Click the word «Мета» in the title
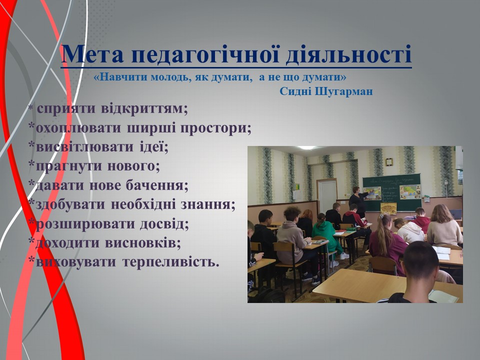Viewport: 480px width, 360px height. coord(92,54)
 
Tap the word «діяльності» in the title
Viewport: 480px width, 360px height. coord(348,54)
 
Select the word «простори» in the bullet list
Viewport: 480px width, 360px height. coord(215,128)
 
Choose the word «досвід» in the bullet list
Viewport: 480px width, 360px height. coord(164,224)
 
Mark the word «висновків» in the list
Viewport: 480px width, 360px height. coord(143,243)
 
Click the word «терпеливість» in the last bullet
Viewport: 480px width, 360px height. coord(171,262)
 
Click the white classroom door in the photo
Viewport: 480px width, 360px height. coord(327,196)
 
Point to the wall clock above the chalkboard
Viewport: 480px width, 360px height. coord(389,161)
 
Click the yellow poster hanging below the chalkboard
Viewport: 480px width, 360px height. coord(388,208)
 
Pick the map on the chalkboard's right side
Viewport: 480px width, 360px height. coord(410,192)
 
